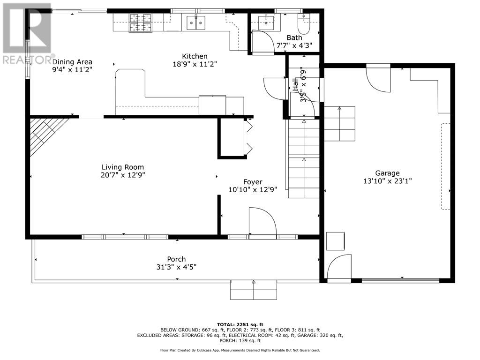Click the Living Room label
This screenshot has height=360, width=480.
pos(123,167)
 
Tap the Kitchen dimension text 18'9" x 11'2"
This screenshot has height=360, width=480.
pos(195,64)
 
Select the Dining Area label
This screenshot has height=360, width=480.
pos(72,62)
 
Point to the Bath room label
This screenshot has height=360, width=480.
pos(294,37)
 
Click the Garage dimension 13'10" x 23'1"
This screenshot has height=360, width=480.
pos(387,181)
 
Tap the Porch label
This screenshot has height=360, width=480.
pos(176,259)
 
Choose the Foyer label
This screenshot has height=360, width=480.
pos(253,182)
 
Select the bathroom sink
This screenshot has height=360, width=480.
pos(266,22)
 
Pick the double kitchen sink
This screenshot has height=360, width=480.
pos(196,22)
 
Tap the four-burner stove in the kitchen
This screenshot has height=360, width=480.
pos(141,23)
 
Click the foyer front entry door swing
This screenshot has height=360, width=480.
pos(263,221)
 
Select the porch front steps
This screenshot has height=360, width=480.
pos(254,290)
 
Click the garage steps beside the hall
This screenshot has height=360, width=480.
pos(339,123)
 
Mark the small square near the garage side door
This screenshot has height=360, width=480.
pos(335,241)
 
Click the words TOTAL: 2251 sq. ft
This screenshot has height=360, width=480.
pos(240,324)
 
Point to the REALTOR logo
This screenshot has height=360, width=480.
pos(27,34)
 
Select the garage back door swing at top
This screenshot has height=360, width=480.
pos(378,79)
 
